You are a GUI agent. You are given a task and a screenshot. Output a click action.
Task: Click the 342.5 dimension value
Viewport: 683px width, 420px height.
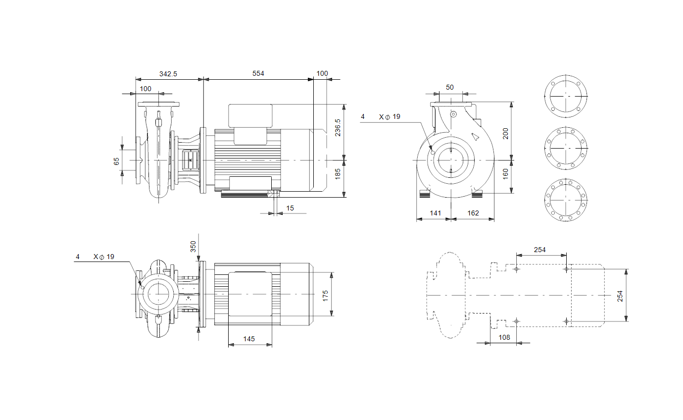point(168,74)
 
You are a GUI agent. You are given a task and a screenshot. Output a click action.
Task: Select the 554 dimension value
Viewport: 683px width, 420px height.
point(258,74)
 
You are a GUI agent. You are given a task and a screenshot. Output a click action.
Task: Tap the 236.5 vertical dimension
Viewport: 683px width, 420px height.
point(338,128)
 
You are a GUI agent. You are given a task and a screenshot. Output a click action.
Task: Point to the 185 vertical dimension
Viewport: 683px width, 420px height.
point(338,174)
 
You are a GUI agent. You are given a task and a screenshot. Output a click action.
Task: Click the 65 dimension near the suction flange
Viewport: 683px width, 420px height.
point(116,161)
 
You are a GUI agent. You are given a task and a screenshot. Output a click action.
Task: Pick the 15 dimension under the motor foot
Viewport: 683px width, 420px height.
point(290,208)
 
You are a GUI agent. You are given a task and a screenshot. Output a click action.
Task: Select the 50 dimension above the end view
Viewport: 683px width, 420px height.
point(450,87)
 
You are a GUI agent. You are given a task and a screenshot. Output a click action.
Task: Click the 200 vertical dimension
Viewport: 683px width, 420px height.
point(505,134)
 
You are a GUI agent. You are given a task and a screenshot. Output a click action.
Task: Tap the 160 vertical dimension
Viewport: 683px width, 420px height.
point(505,174)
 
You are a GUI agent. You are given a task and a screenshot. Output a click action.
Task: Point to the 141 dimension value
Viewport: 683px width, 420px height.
point(436,213)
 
